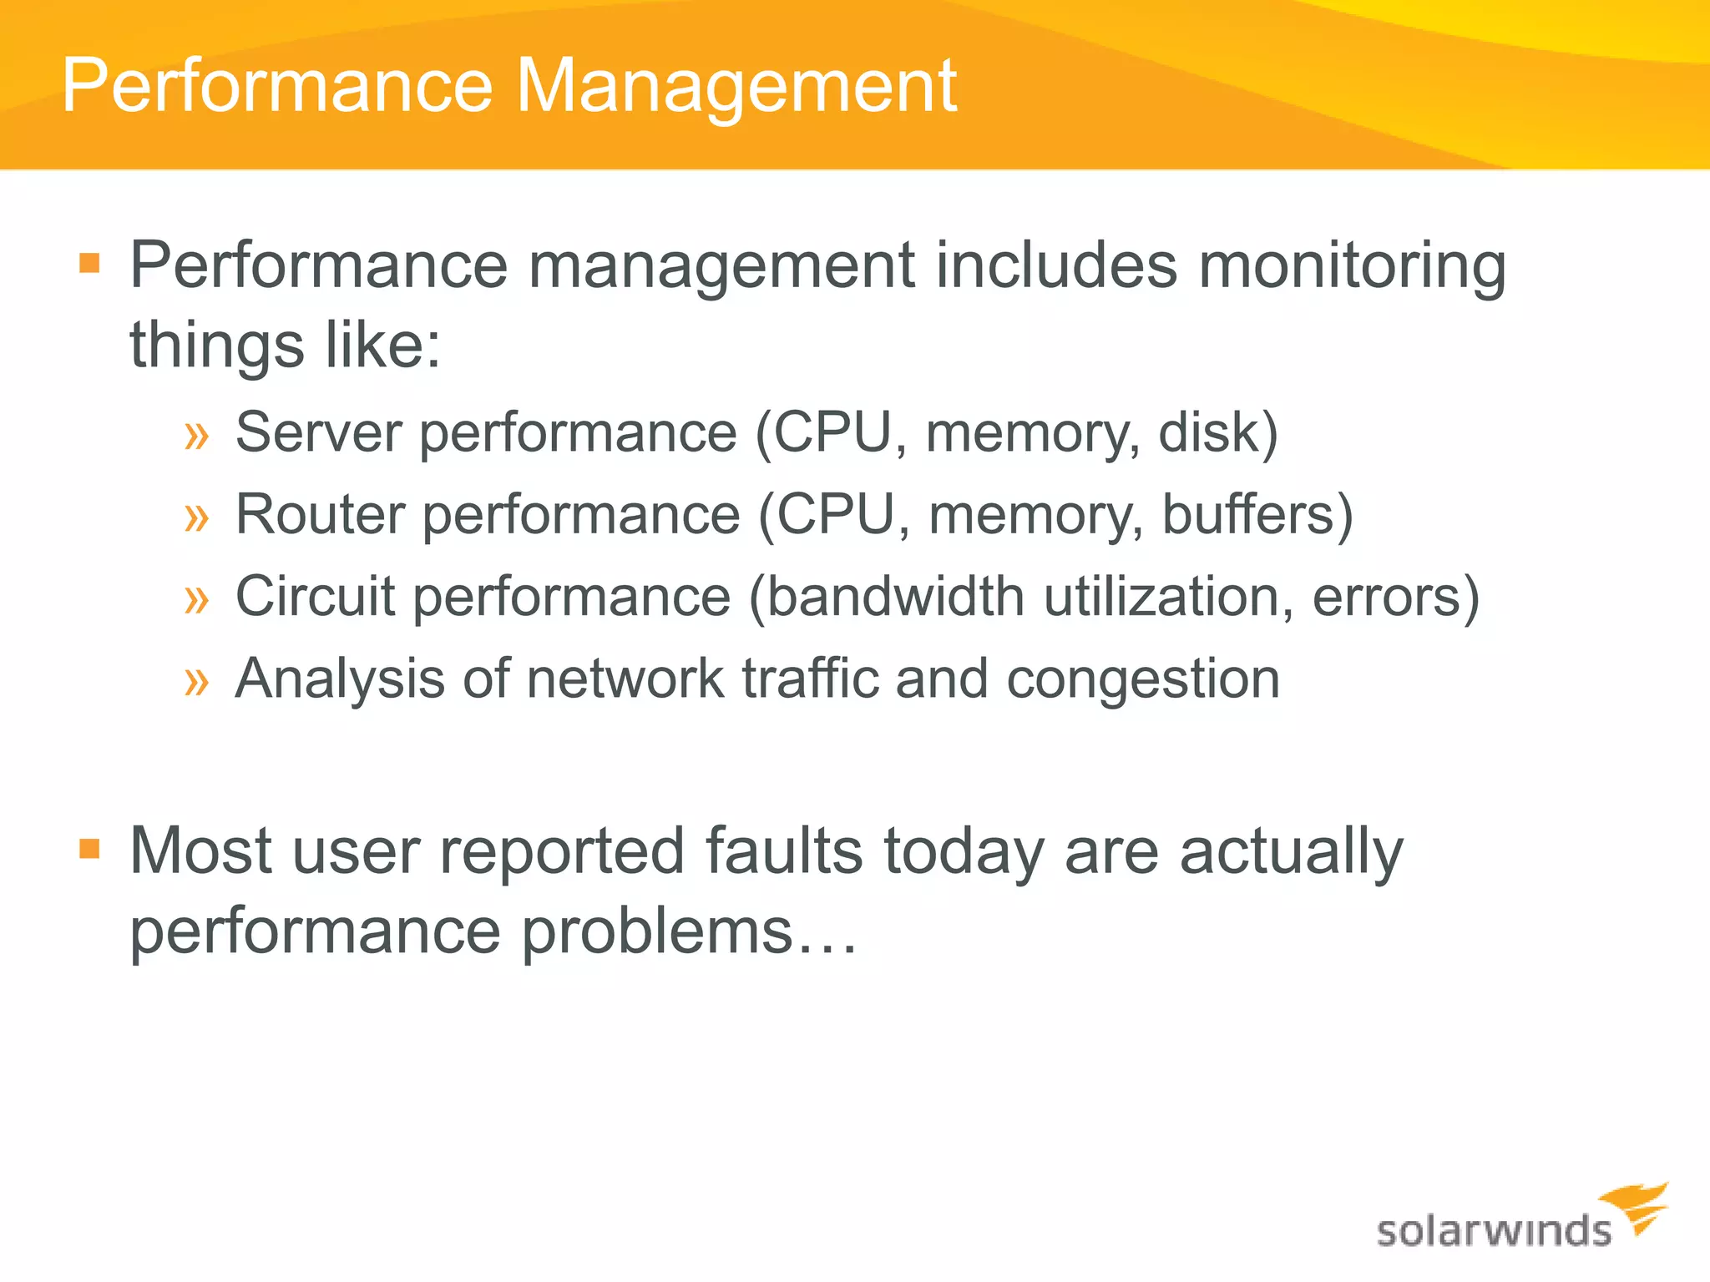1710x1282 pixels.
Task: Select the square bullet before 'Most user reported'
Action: pos(89,850)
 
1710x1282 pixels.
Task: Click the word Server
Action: pos(318,432)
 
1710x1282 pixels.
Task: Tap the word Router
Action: pos(320,514)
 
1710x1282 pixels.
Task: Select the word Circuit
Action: pos(315,596)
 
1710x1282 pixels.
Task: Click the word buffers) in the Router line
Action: pos(1257,514)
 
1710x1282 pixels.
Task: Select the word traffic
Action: pos(811,678)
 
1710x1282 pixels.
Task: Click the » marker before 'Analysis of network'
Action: pos(196,681)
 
